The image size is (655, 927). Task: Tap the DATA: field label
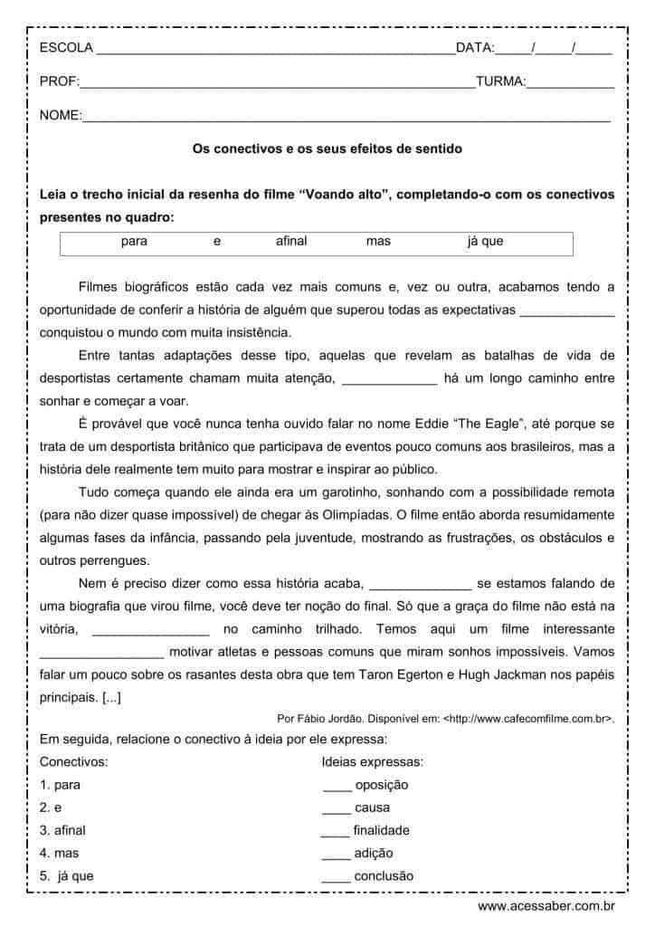[x=476, y=48]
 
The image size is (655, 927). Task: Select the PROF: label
[x=59, y=81]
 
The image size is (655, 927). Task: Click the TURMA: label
[x=500, y=81]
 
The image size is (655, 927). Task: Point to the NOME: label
[x=61, y=115]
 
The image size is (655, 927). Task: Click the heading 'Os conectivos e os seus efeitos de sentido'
[x=327, y=148]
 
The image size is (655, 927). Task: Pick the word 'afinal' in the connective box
[x=291, y=242]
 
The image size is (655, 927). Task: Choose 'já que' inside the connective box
[x=485, y=242]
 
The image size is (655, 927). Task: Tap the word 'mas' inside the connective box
[x=378, y=242]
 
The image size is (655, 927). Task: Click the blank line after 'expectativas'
[x=567, y=311]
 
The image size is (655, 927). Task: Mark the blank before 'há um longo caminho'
[x=390, y=379]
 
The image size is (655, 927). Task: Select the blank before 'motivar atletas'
[x=102, y=651]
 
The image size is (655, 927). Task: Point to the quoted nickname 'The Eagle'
[x=504, y=425]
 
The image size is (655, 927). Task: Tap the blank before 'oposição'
[x=336, y=786]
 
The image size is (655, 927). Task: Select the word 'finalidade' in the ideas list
[x=381, y=830]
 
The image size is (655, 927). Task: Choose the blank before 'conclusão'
[x=336, y=876]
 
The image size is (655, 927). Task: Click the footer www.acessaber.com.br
[x=546, y=905]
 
